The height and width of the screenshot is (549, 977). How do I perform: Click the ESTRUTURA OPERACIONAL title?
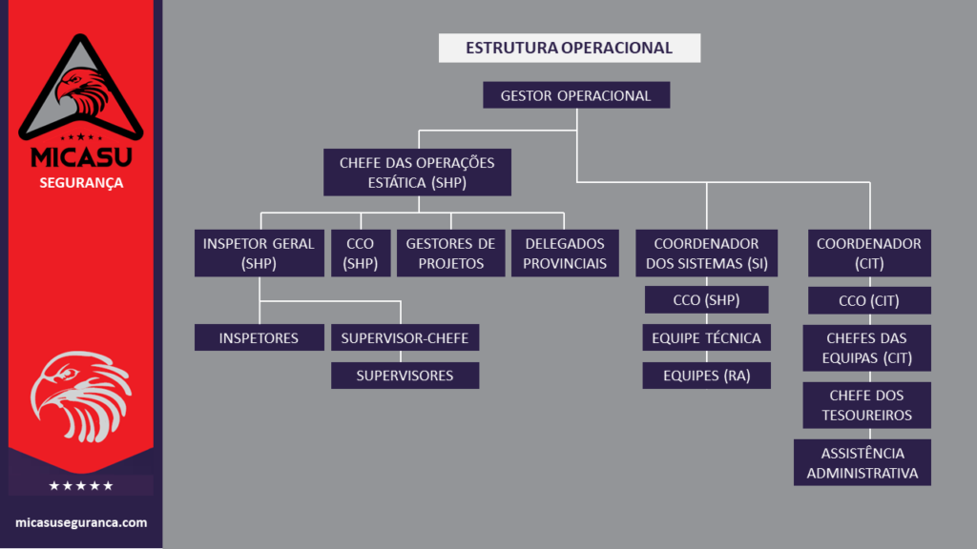tap(570, 48)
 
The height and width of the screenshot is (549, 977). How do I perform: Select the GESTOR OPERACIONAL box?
tap(575, 95)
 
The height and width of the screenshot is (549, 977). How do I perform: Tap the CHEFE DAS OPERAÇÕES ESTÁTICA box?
tap(417, 172)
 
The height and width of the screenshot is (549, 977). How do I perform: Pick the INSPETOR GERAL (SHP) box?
tap(259, 253)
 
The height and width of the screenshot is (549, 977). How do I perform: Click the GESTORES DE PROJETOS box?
tap(450, 253)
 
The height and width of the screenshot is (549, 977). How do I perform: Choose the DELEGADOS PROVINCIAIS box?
tap(565, 253)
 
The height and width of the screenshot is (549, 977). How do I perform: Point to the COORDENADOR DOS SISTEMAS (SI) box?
tap(706, 253)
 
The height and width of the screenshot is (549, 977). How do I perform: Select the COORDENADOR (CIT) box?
tap(869, 253)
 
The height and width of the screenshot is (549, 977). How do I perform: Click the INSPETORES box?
tap(259, 337)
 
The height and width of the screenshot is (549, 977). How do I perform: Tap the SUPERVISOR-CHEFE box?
tap(405, 337)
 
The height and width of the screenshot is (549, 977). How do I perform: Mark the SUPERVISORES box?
tap(405, 376)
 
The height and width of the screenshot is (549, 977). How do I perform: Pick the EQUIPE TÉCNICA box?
tap(706, 337)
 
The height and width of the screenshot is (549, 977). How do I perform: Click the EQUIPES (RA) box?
tap(706, 376)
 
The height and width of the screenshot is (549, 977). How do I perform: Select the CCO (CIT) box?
tap(869, 301)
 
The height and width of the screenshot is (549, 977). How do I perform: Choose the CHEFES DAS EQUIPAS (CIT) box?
tap(866, 348)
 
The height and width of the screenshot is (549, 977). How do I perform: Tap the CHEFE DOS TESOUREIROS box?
tap(866, 405)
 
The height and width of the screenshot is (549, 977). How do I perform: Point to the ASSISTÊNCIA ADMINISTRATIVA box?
tap(862, 462)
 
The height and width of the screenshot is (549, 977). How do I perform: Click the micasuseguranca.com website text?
tap(81, 522)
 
